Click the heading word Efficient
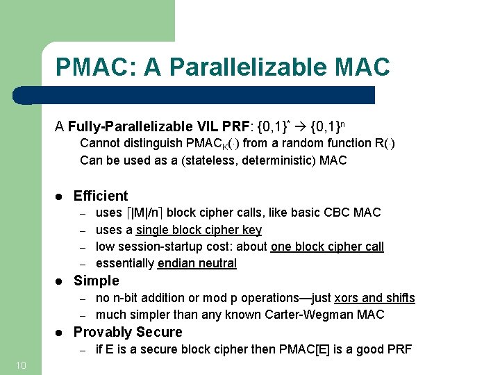tap(101, 196)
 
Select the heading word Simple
tap(97, 281)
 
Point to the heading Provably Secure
tap(128, 332)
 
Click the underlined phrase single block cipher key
tap(199, 230)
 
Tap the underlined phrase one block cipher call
tap(326, 247)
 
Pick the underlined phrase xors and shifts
tap(374, 298)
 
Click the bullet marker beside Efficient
tap(60, 197)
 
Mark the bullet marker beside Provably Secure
tap(60, 333)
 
